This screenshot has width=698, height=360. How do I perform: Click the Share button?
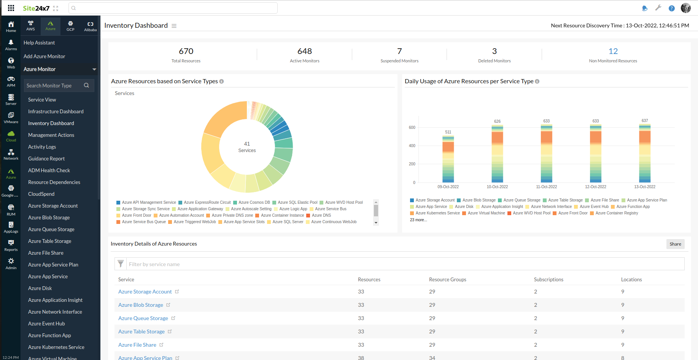675,244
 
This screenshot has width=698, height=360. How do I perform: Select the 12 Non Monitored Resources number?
613,51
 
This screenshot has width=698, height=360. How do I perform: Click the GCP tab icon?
70,26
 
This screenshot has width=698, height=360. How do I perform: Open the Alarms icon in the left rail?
11,45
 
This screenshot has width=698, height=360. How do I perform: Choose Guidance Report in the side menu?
46,159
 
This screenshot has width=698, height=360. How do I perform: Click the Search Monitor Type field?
53,86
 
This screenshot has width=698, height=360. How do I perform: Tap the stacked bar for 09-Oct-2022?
448,160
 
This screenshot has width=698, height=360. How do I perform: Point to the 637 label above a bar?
645,121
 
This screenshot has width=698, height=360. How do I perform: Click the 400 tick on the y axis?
412,146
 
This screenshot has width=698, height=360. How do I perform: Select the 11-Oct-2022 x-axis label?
546,187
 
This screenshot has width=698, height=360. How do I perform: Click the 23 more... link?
418,220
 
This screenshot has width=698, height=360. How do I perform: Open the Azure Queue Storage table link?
143,318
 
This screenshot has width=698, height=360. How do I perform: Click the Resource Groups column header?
447,279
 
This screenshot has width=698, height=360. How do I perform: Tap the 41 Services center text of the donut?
247,147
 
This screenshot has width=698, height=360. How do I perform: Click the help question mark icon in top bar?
672,8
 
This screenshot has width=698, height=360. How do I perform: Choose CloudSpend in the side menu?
41,194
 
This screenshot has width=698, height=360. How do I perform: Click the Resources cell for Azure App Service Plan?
361,357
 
